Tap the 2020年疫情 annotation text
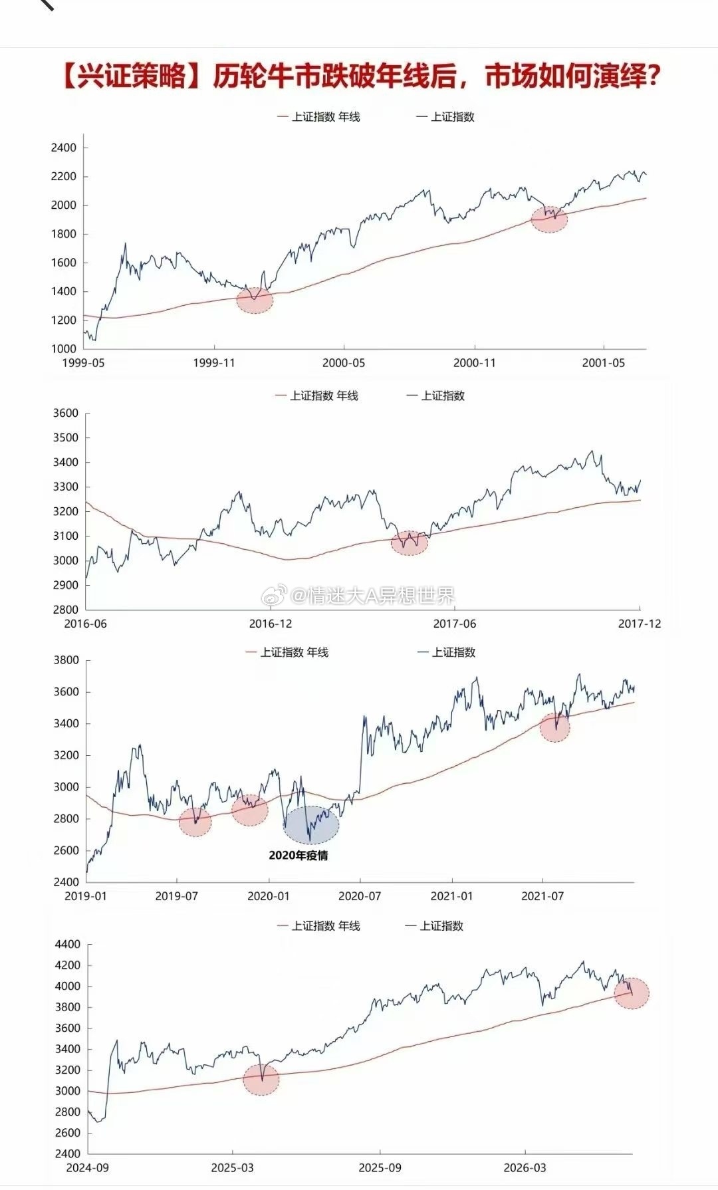point(299,856)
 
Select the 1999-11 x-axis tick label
point(214,363)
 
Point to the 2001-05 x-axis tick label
point(604,363)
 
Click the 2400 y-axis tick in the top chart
point(64,148)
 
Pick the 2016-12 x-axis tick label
point(271,624)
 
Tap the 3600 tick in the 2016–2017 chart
point(66,413)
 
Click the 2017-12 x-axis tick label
point(640,624)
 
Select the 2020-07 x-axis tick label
point(360,896)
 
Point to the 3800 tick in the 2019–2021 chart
point(66,660)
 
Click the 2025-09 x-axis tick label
point(380,1168)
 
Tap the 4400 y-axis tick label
point(67,944)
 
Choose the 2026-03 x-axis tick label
point(525,1168)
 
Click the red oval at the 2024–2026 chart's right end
point(631,993)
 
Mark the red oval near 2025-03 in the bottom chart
point(261,1079)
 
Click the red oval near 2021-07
point(554,727)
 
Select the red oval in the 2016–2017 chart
point(410,542)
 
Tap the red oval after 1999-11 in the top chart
point(255,300)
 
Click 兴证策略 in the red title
point(132,76)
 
